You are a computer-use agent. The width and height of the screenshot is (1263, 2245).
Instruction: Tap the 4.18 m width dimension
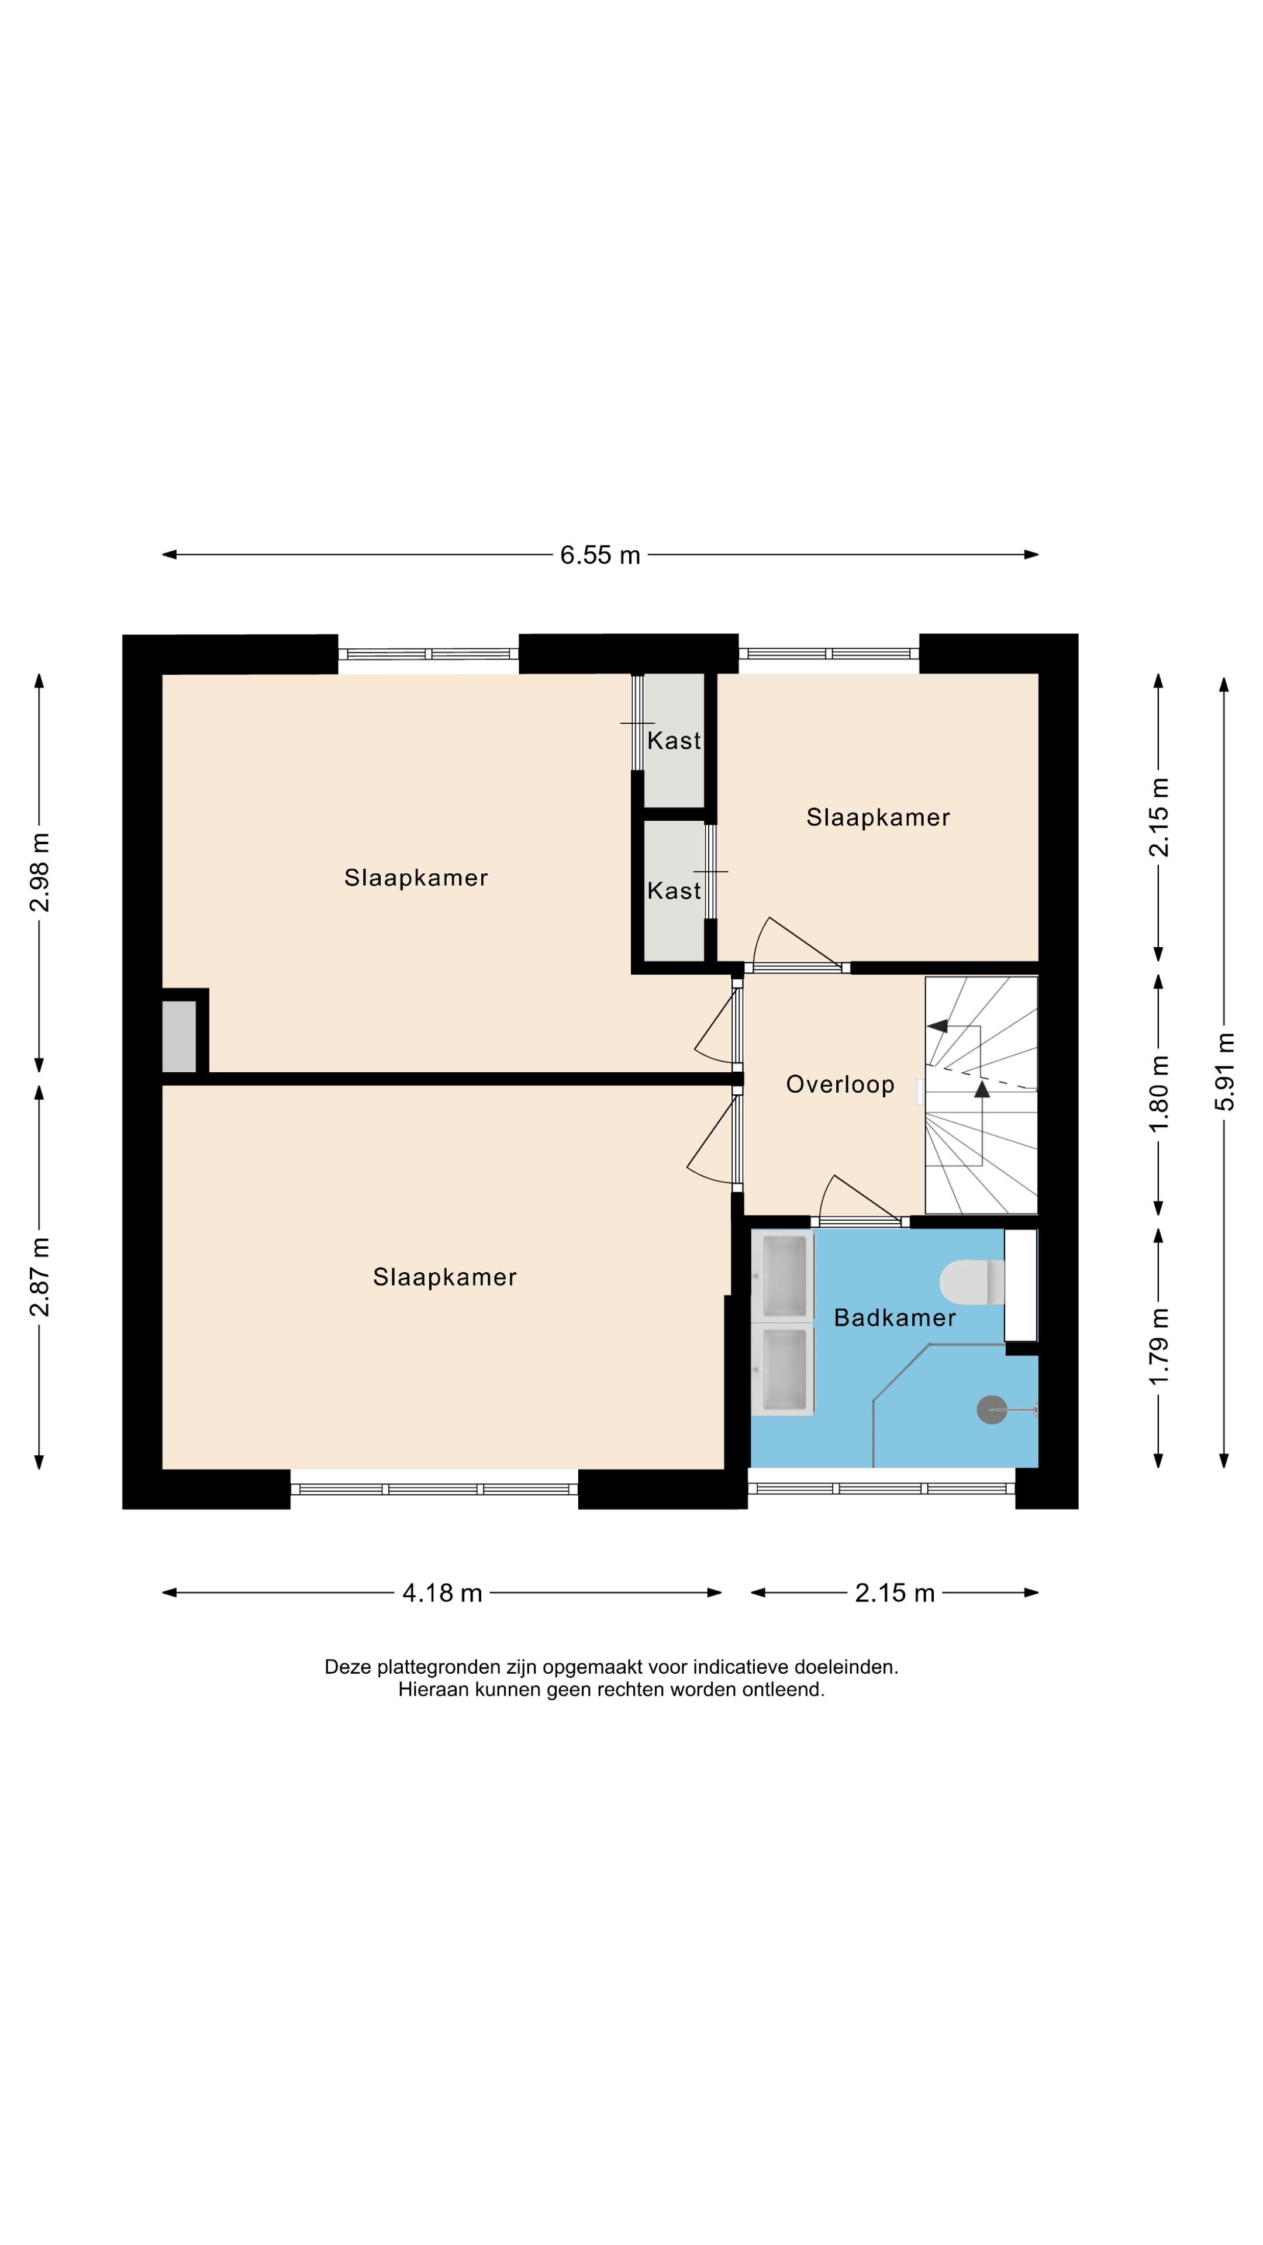[x=442, y=1593]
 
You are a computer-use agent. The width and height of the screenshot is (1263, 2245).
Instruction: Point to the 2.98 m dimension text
[x=39, y=872]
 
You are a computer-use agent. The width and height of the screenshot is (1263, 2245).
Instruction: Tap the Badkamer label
[x=894, y=1318]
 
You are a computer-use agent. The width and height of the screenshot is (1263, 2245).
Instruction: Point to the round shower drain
[x=991, y=1410]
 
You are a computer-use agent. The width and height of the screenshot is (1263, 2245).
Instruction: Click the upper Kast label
[x=674, y=741]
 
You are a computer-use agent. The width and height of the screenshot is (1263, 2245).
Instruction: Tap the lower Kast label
[x=674, y=890]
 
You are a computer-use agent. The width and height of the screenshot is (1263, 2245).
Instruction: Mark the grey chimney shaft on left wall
[x=179, y=1036]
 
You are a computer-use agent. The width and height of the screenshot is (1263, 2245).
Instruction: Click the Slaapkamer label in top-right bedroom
[x=878, y=817]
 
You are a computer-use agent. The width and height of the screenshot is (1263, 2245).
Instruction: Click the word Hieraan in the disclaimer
[x=433, y=1690]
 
